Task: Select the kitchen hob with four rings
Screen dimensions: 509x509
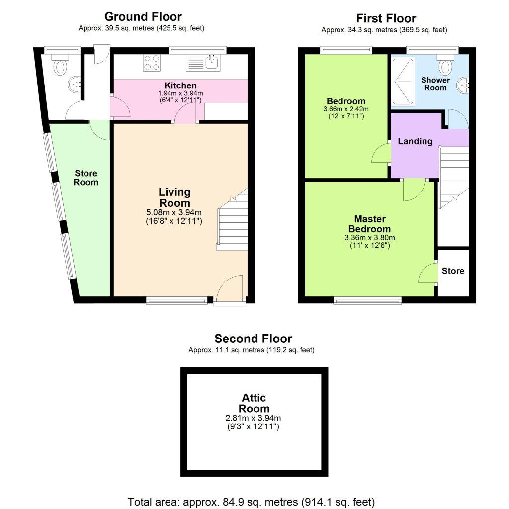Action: (x=152, y=63)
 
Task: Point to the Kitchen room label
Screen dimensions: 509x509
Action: (x=180, y=85)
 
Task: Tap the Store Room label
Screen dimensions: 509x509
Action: (x=86, y=178)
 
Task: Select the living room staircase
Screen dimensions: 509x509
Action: (x=233, y=221)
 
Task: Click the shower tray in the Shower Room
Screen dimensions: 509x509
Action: (x=403, y=82)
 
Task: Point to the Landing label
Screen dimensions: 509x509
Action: (x=415, y=141)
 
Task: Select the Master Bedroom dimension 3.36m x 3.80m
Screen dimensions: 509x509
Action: (x=370, y=237)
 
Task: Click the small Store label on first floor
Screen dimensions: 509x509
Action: (x=453, y=271)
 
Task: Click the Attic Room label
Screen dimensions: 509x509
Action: (x=254, y=403)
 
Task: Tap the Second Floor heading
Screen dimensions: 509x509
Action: (x=253, y=339)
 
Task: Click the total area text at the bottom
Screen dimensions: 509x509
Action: (x=251, y=501)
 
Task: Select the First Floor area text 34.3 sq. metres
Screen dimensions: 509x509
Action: (x=384, y=30)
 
